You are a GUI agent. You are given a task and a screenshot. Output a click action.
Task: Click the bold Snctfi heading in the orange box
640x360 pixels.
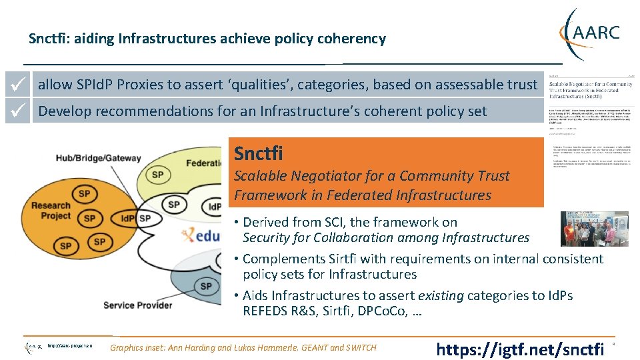258,154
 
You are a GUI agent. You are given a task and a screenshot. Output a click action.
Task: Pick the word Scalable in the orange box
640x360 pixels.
261,176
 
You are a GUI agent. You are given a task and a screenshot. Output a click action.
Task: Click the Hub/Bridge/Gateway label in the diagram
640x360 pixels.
98,158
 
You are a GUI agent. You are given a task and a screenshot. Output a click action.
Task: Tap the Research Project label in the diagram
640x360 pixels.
51,211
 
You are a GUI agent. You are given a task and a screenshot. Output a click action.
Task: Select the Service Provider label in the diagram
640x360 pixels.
137,305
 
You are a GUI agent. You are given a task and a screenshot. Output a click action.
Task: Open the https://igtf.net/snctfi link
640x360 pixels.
519,348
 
